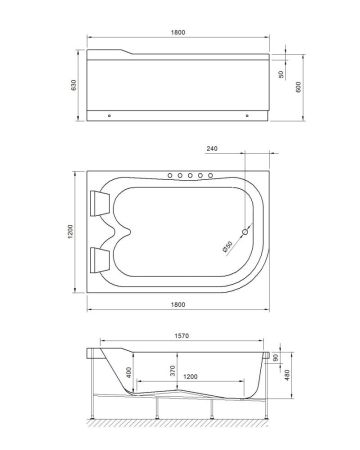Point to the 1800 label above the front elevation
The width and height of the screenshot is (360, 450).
pyautogui.click(x=178, y=32)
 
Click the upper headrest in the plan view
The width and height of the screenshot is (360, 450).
pyautogui.click(x=102, y=203)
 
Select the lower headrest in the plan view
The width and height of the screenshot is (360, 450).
pyautogui.click(x=102, y=261)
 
